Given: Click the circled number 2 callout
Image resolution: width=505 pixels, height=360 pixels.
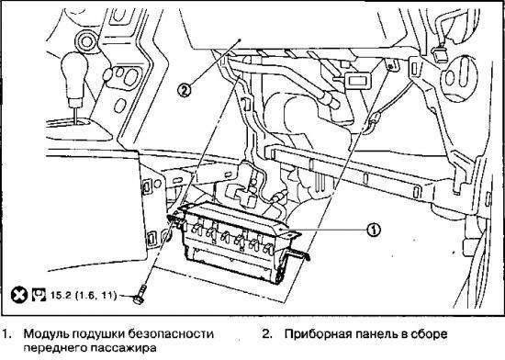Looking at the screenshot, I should pos(185,91).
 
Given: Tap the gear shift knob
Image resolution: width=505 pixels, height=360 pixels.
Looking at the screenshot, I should pos(73,71).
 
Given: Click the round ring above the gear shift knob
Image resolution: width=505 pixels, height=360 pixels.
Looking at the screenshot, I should pos(88,39).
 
